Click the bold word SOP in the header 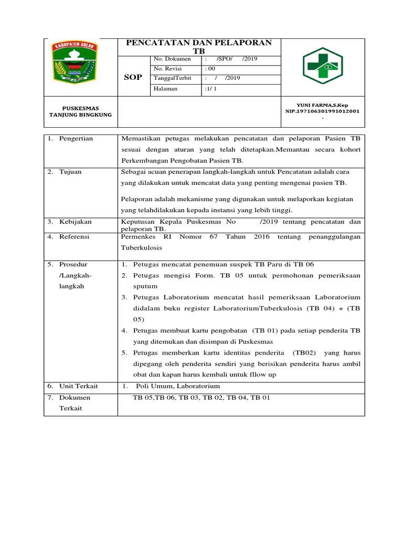tap(132, 77)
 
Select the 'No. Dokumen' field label tap(172, 59)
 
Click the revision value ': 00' tap(210, 69)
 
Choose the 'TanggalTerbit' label tap(173, 78)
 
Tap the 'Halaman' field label tap(165, 89)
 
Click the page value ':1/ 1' tap(211, 89)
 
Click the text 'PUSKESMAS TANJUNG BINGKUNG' tap(80, 111)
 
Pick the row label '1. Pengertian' tap(70, 139)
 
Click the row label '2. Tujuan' tap(65, 172)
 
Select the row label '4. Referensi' tap(69, 237)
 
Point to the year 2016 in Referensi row tap(261, 237)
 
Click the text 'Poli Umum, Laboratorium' tap(178, 386)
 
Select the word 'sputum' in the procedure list tap(143, 286)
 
